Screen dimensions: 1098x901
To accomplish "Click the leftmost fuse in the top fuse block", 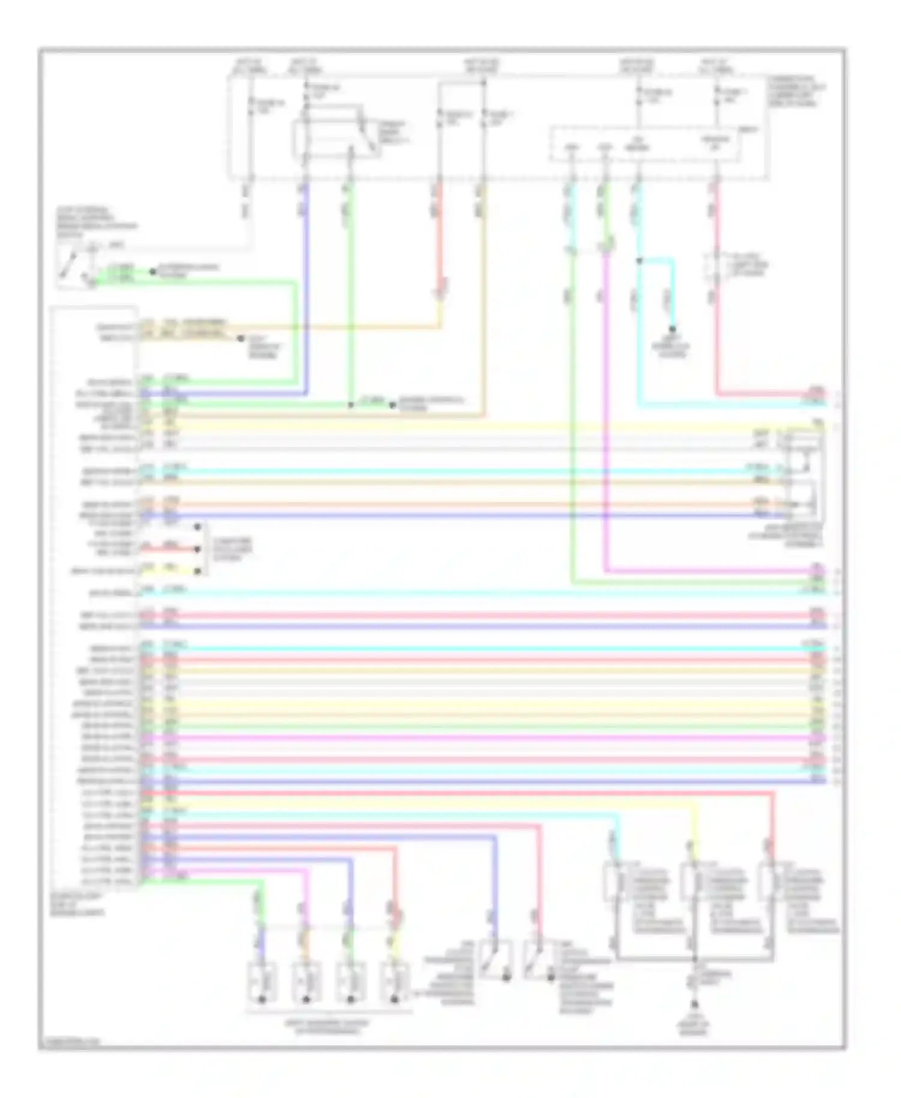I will click(251, 105).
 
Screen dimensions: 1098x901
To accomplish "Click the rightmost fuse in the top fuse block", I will click(716, 95).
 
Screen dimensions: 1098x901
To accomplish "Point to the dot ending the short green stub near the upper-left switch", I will click(153, 271).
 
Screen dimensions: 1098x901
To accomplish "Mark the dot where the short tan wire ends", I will click(240, 339).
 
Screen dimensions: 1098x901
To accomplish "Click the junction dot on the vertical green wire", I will click(351, 405).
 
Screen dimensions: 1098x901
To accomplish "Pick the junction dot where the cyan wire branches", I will click(639, 261).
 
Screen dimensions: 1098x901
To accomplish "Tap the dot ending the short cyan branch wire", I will click(672, 329).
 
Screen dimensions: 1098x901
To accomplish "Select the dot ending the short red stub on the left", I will click(198, 549).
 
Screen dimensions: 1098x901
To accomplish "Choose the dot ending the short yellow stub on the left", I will click(198, 571).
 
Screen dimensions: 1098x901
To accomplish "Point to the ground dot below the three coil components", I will click(694, 1004).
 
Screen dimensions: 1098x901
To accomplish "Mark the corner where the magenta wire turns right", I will click(606, 571).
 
